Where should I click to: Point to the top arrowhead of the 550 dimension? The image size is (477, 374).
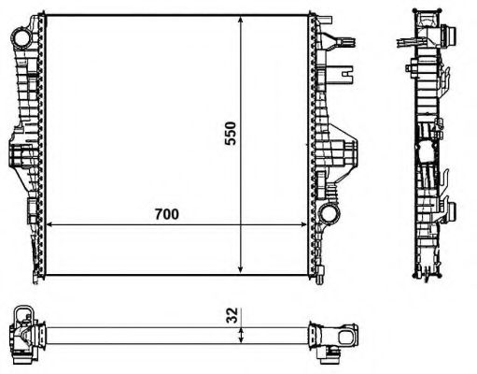tap(242, 18)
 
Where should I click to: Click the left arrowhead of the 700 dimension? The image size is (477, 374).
tap(50, 224)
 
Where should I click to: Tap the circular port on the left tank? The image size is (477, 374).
tap(21, 38)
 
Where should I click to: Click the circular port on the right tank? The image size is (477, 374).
tap(329, 217)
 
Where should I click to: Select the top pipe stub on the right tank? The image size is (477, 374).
tap(342, 41)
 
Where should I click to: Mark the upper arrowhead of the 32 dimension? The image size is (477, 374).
tap(242, 325)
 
